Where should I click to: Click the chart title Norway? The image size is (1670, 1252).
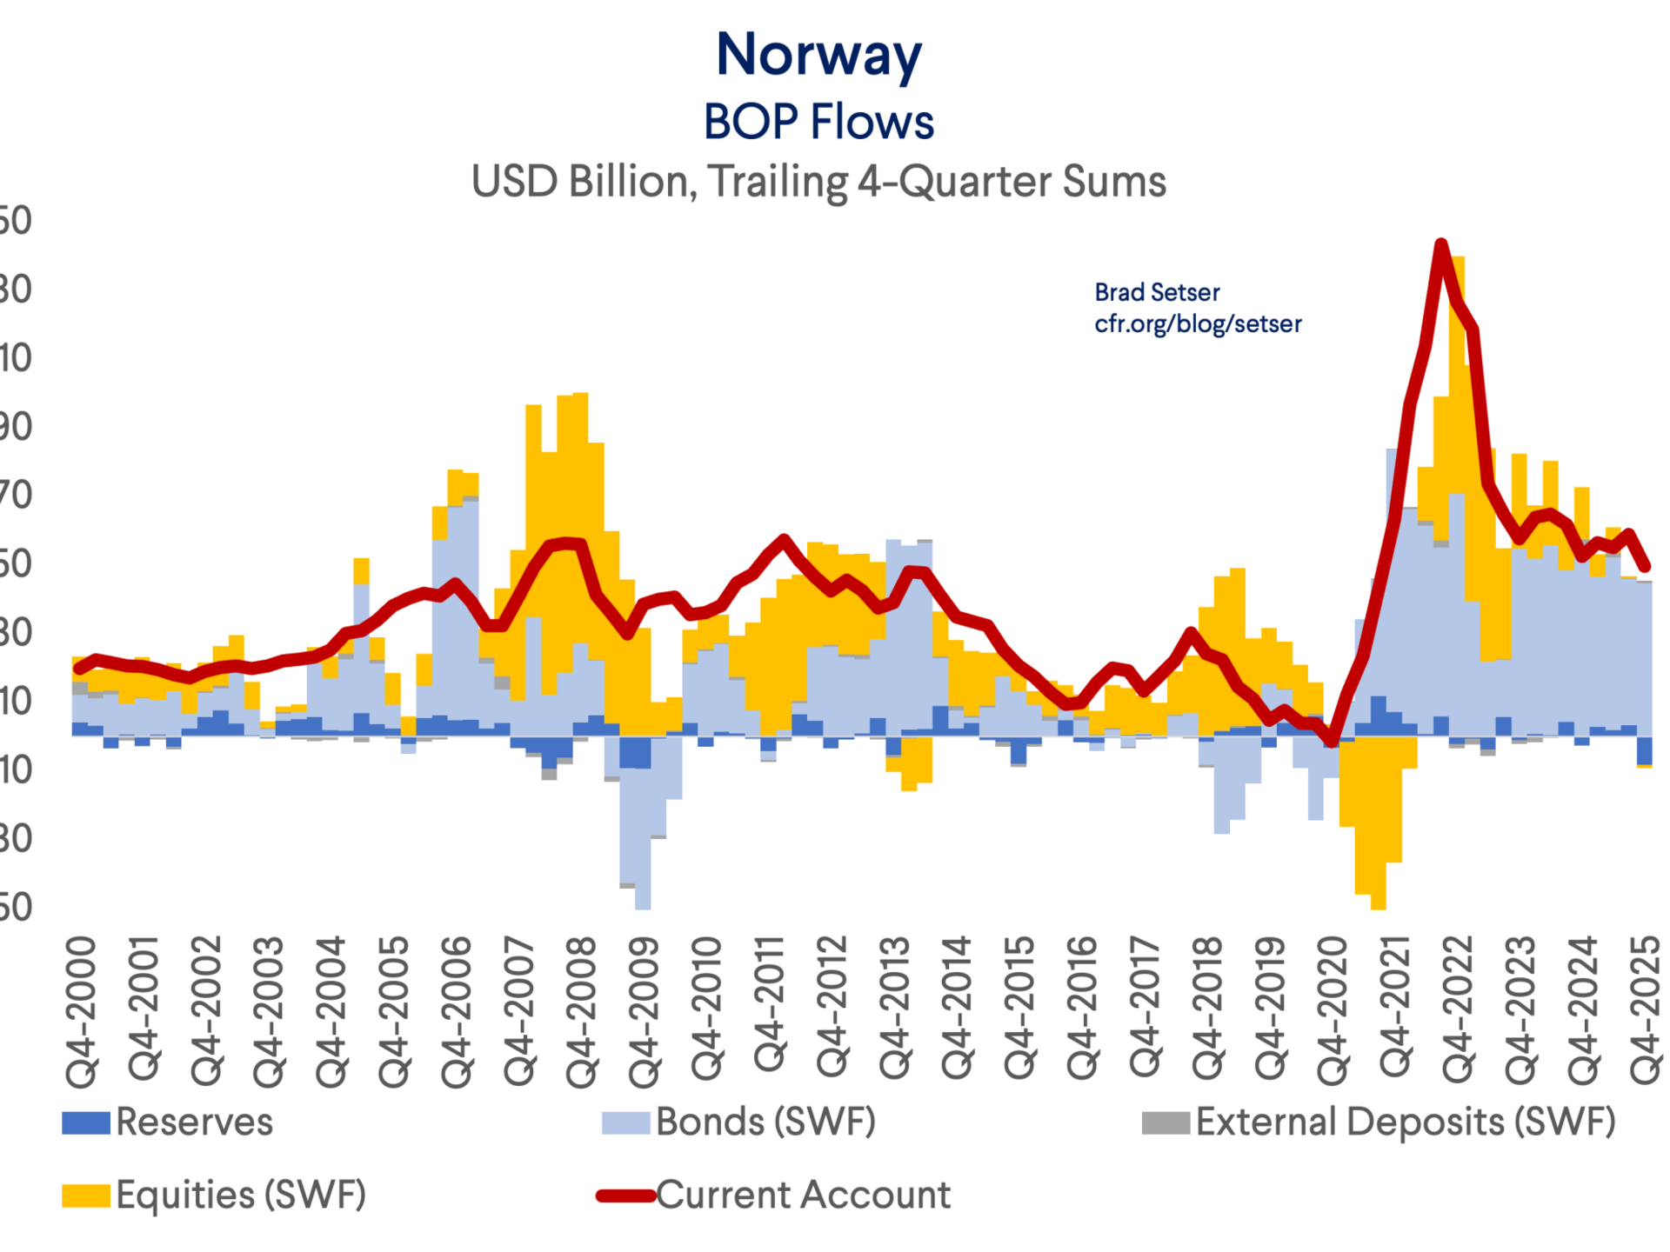pyautogui.click(x=818, y=55)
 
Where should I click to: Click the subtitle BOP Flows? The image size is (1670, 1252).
pyautogui.click(x=818, y=122)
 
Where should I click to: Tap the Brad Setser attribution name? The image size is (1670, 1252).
pyautogui.click(x=1156, y=292)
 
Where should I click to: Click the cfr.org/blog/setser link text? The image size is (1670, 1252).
pyautogui.click(x=1198, y=323)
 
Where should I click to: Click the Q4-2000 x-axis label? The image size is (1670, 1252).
pyautogui.click(x=82, y=1011)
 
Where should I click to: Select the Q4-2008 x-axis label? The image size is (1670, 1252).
pyautogui.click(x=582, y=1011)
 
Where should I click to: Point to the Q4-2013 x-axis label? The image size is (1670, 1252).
pyautogui.click(x=895, y=1011)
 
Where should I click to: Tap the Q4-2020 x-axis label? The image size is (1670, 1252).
pyautogui.click(x=1333, y=1011)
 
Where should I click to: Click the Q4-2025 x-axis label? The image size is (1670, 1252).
pyautogui.click(x=1646, y=1011)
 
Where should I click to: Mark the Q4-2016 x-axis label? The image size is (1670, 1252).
pyautogui.click(x=1082, y=1011)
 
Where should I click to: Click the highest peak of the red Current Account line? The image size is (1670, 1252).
pyautogui.click(x=1441, y=244)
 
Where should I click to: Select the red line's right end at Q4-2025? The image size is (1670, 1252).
pyautogui.click(x=1645, y=568)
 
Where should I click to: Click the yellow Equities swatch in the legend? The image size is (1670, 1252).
pyautogui.click(x=85, y=1195)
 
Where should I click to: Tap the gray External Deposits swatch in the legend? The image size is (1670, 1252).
pyautogui.click(x=1166, y=1122)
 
